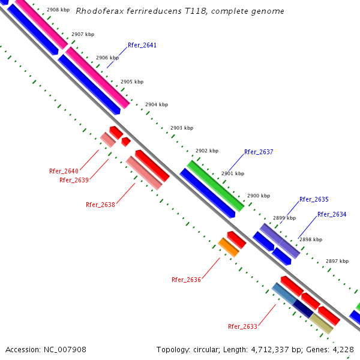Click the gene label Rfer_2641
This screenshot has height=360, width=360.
coord(142,45)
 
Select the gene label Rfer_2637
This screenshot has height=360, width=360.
coord(259,152)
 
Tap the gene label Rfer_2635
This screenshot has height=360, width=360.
coord(314,199)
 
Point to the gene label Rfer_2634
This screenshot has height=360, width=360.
coord(332,214)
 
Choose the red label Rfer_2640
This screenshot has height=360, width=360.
coord(64,171)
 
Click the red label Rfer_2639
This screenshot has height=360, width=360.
coord(74,180)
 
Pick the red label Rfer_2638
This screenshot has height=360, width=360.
coord(100,205)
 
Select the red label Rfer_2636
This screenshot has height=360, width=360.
coord(186,280)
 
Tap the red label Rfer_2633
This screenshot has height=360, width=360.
coord(242,326)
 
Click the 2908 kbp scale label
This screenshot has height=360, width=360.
coord(58,10)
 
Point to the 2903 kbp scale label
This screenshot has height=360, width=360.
coord(182,128)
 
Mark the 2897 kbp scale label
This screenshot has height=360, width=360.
coord(337,261)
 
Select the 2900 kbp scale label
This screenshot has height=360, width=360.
coord(259,196)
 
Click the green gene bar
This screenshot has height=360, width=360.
coord(215,185)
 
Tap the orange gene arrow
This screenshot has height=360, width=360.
coord(229,247)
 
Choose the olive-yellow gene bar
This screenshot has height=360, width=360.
coord(321,323)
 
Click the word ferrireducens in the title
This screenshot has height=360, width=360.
coord(144,11)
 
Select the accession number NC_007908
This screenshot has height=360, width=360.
coord(65,349)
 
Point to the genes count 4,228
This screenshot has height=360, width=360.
coord(343,349)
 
